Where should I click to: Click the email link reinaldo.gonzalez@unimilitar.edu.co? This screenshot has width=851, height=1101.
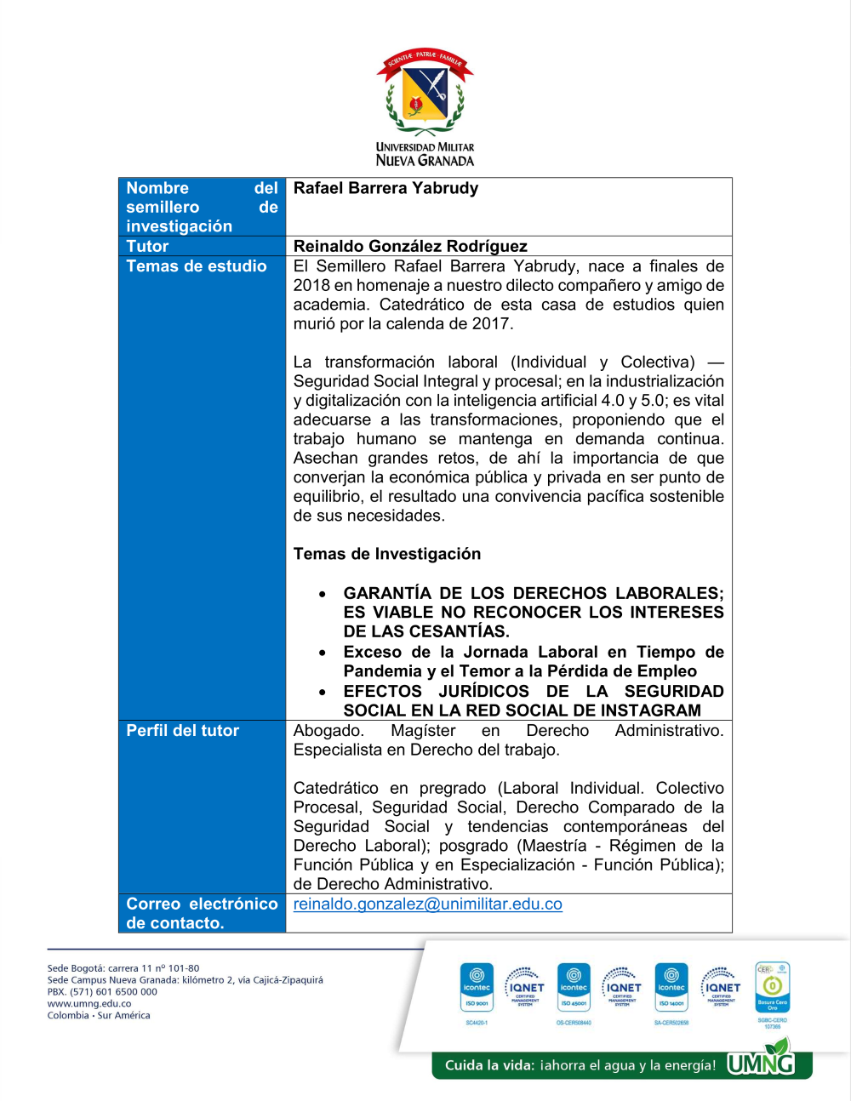click(x=427, y=904)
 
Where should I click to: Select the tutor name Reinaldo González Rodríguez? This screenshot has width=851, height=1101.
click(x=410, y=246)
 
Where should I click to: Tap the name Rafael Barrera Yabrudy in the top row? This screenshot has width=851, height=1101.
click(x=386, y=188)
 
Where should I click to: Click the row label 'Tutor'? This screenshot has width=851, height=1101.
click(x=147, y=246)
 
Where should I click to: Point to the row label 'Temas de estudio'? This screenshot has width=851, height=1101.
click(x=196, y=266)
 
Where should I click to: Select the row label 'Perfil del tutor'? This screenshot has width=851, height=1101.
click(x=182, y=730)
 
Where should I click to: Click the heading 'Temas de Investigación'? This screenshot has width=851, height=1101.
click(x=386, y=554)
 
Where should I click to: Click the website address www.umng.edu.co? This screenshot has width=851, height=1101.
click(x=89, y=1004)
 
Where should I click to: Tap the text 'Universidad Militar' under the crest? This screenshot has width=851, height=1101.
click(x=425, y=147)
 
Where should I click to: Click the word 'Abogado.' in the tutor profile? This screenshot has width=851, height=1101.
click(x=328, y=730)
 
